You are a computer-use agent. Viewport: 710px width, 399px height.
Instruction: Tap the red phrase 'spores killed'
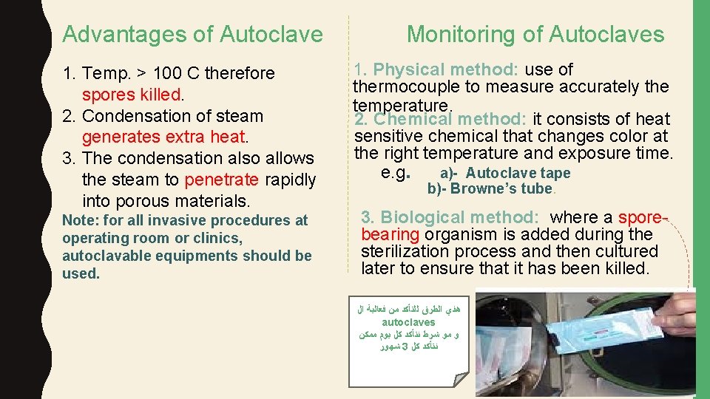pos(132,95)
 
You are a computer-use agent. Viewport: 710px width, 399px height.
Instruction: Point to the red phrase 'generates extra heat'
pos(163,137)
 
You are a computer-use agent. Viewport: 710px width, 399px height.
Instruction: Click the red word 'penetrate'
pos(222,180)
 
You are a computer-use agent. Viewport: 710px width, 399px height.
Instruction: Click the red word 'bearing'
pos(390,235)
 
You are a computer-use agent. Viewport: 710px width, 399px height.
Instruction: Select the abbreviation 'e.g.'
pos(395,173)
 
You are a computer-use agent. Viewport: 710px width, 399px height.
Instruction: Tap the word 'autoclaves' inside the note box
pos(408,323)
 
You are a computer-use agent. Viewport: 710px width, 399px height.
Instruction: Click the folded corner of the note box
pos(462,378)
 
